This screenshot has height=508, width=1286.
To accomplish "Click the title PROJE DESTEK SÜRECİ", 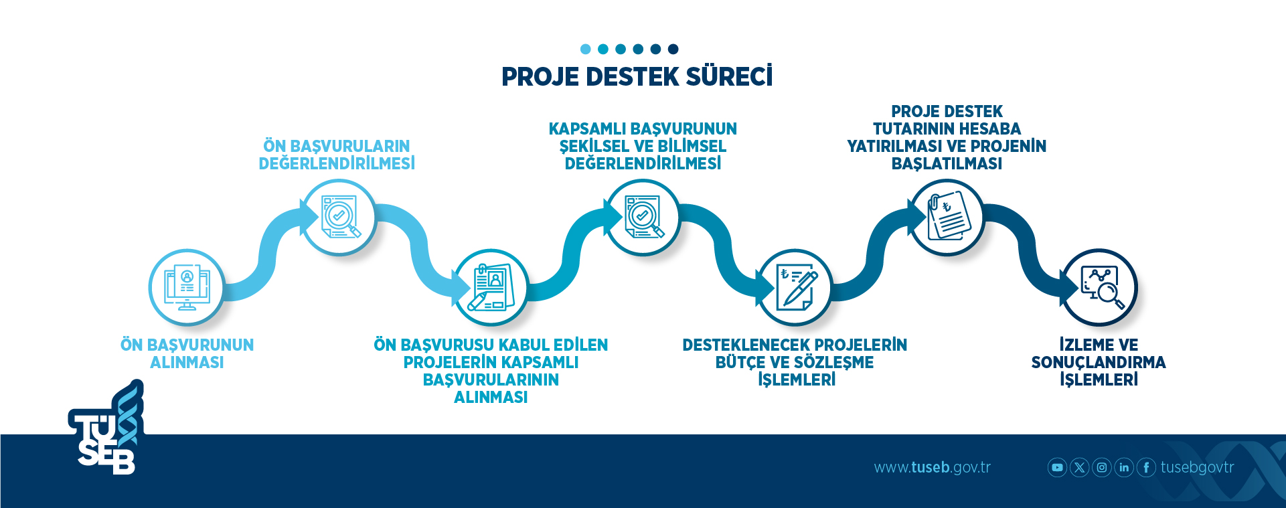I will (637, 77).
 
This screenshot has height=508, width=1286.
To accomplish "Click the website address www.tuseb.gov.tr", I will (932, 467).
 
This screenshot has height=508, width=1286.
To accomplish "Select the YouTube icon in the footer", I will (1057, 467).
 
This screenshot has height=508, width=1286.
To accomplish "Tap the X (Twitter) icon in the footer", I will (1079, 467).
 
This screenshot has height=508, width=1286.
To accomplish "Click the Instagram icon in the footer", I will (1102, 467).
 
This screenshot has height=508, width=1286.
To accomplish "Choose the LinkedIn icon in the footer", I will (1124, 467).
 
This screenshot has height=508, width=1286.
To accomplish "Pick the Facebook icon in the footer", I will (1146, 467).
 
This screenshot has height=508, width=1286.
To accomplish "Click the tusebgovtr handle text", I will (1197, 467).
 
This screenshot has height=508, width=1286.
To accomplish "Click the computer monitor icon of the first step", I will (187, 287).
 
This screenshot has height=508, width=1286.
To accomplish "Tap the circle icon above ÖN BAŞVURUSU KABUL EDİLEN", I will (491, 287).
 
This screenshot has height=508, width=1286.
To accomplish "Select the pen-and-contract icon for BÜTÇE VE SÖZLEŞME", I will (795, 287).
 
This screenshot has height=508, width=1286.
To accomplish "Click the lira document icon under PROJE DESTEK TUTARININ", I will (947, 218).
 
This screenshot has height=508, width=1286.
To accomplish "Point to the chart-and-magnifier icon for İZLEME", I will (1099, 287).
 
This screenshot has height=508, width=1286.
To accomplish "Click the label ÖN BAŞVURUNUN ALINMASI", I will (187, 353).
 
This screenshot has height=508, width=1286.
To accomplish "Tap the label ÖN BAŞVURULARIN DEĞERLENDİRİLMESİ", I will (337, 155).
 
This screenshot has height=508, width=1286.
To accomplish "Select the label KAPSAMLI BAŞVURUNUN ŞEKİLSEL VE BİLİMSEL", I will (643, 146).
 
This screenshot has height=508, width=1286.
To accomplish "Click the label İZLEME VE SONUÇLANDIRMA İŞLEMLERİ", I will (1099, 362).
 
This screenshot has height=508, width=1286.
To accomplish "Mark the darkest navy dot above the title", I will (673, 49).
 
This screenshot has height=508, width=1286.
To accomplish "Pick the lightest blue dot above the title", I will (585, 49).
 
